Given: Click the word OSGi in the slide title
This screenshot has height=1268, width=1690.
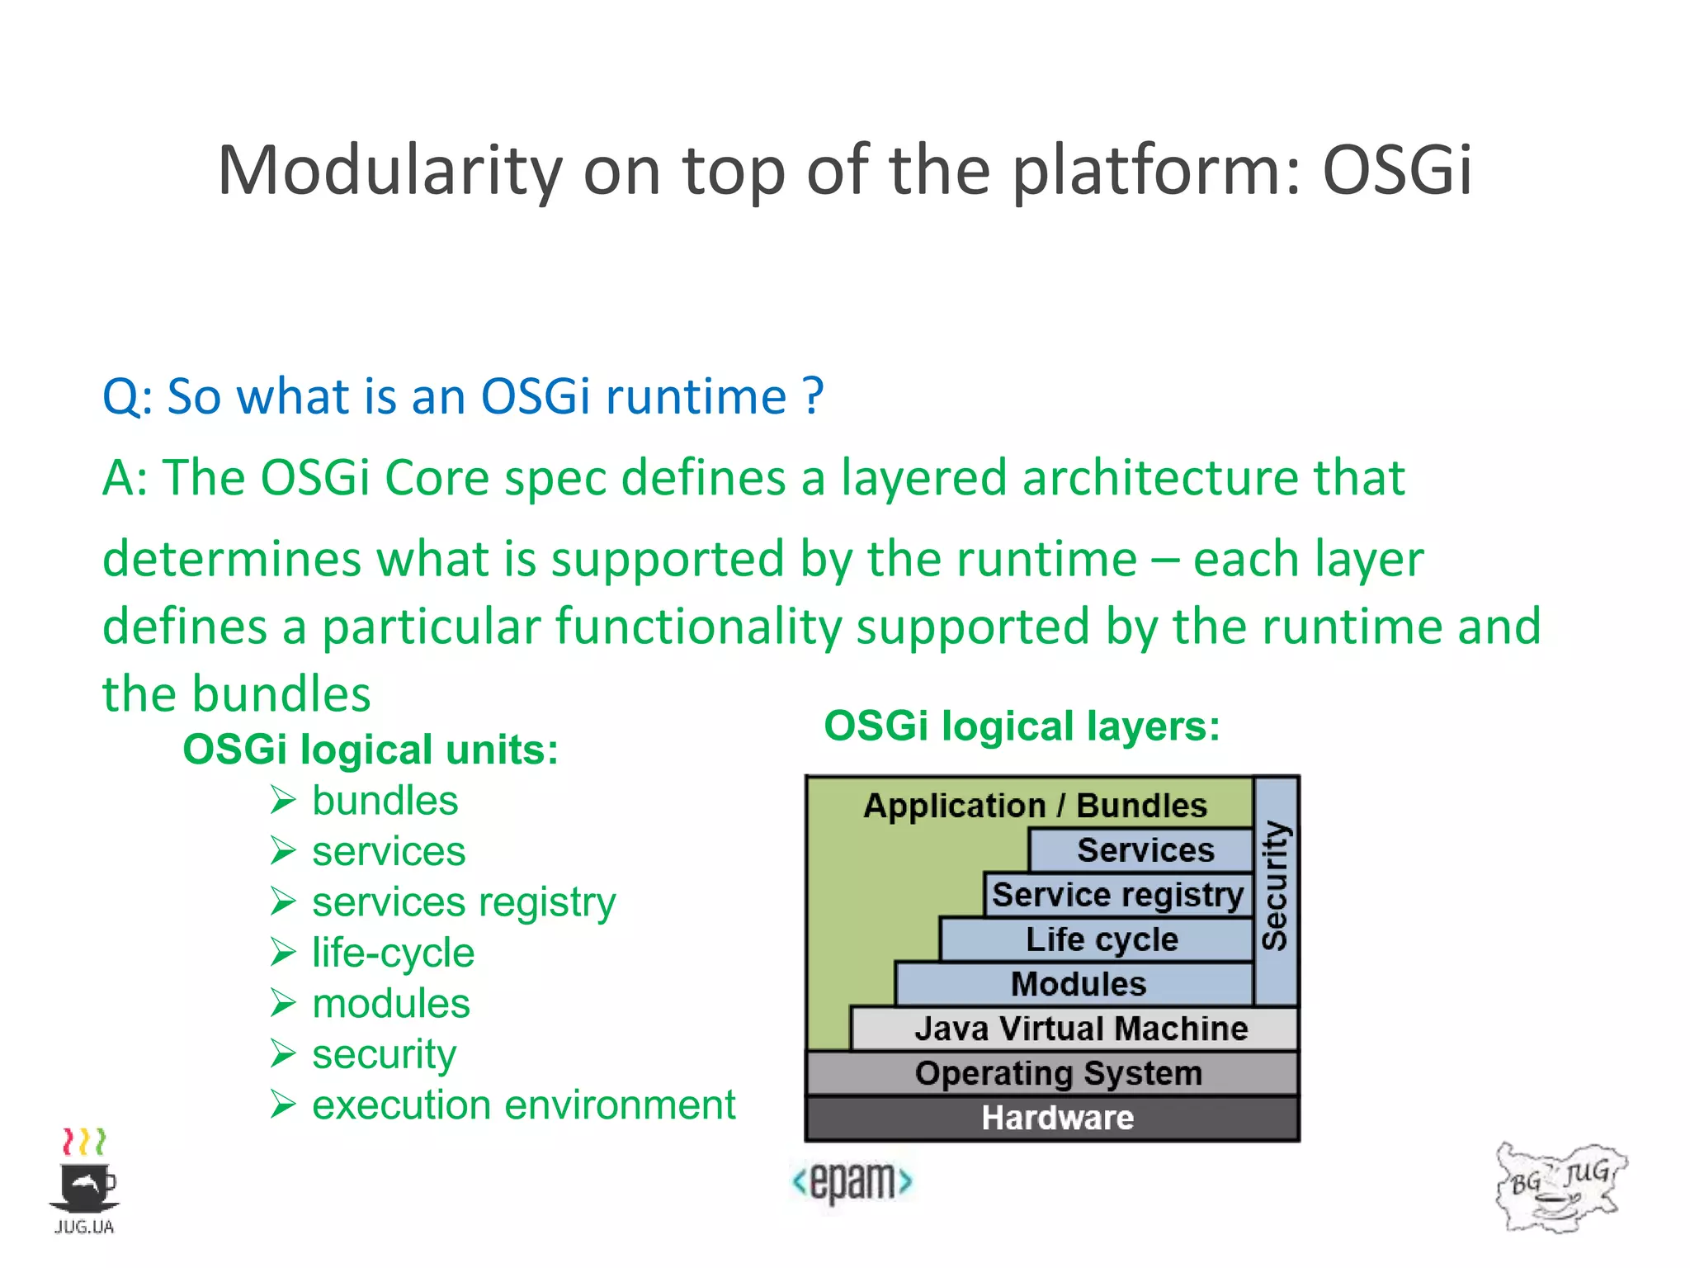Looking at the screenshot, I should coord(1396,170).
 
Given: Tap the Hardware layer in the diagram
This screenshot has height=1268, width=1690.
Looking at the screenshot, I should coord(1056,1118).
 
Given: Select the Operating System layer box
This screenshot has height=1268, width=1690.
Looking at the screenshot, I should coord(1056,1073).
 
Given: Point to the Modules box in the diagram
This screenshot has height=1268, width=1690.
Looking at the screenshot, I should coord(1077,984).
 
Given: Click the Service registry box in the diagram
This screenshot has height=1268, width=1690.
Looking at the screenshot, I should coord(1117,895).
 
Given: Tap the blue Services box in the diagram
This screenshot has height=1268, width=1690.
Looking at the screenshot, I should coord(1144,850).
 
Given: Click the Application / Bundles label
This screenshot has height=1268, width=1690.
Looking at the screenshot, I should coord(1035,805).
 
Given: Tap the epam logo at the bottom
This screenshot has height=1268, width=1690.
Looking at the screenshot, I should coord(852,1181).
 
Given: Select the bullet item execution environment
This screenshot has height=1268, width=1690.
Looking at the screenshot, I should coord(523,1105).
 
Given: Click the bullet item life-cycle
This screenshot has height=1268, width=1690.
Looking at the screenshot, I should coord(393,953).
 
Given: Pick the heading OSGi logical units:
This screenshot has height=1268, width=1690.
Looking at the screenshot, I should coord(371,750).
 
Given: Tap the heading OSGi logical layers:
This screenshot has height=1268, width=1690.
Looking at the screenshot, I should coord(1022,726).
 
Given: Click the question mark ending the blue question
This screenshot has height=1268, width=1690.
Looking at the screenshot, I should coord(813,396).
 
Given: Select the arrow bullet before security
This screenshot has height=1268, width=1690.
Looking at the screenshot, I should coord(283,1053).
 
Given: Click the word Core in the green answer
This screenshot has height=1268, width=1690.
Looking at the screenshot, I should coord(437,478).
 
